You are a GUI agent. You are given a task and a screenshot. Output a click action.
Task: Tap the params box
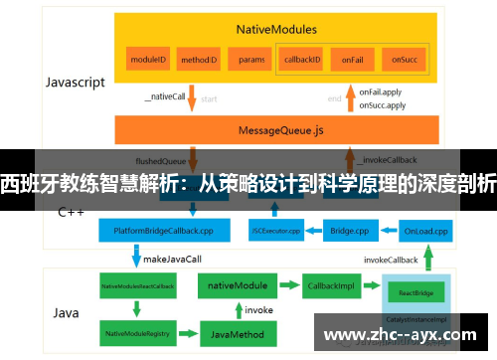click(x=251, y=60)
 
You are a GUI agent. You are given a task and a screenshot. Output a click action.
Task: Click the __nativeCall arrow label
click(x=164, y=96)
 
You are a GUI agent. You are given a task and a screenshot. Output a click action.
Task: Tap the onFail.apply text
click(x=382, y=91)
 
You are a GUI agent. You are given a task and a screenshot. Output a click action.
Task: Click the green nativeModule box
click(x=237, y=285)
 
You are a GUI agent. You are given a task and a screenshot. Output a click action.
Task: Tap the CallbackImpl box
click(x=329, y=285)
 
